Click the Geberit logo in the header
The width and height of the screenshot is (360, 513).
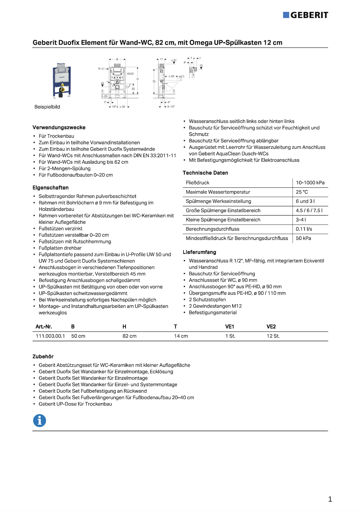point(306,15)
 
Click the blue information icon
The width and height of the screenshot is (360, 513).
point(40,421)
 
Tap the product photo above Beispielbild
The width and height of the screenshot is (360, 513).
point(62,81)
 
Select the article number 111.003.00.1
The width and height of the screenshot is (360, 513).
point(50,336)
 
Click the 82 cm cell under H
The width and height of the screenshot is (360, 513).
point(130,336)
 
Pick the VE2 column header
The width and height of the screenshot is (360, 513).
point(271,327)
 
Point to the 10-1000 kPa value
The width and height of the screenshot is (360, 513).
point(310,183)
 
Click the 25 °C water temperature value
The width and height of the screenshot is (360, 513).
point(302,192)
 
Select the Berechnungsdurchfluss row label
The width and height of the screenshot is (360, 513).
point(212,229)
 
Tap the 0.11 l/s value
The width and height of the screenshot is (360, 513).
point(304,229)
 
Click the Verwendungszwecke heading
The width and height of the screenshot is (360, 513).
point(59,128)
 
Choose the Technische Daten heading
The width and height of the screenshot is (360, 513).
point(205,173)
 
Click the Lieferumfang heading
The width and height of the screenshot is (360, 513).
point(199,252)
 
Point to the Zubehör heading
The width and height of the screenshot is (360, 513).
point(43,357)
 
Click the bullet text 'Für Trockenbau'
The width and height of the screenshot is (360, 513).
point(56,136)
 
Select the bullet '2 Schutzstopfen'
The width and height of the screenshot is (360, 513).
point(207,300)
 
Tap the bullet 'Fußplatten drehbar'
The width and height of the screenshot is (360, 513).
point(60,248)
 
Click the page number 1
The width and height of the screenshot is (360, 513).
point(330,499)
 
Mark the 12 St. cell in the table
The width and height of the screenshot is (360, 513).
point(273,336)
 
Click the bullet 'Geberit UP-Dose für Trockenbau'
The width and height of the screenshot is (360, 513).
point(75,404)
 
